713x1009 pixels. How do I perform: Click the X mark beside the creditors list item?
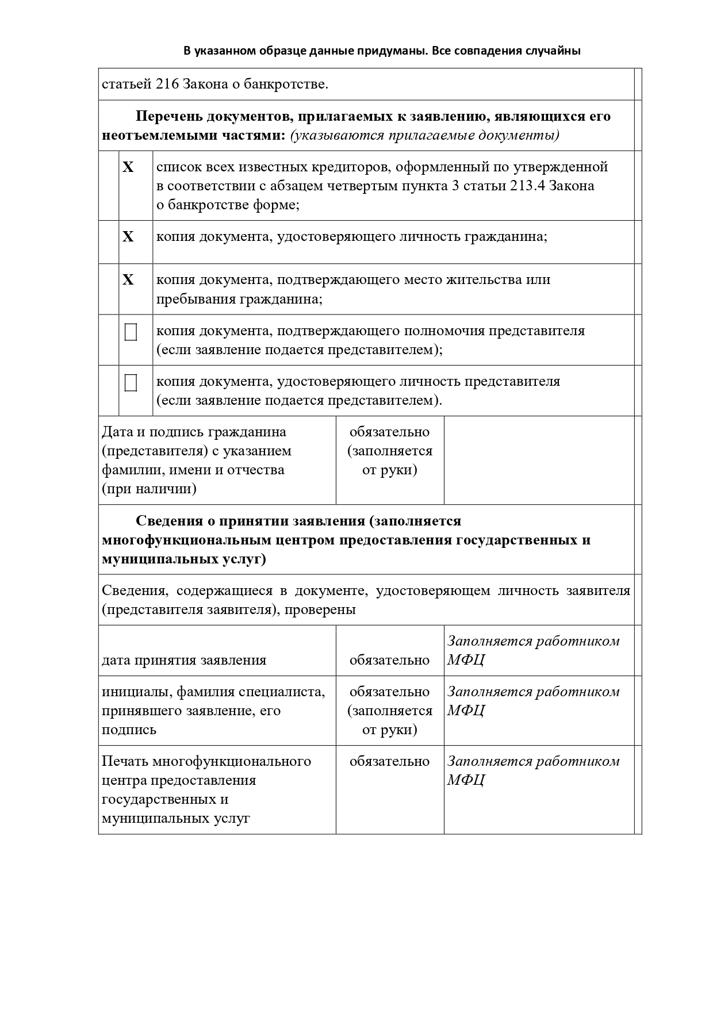(128, 167)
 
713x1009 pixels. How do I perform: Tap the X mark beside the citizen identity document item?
(128, 236)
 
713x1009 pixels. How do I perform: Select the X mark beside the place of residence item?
(128, 279)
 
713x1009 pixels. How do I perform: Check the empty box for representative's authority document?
(131, 332)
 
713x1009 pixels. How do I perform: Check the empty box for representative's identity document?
(131, 383)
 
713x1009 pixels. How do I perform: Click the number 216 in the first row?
(167, 84)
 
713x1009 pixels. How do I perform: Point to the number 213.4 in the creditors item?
(527, 186)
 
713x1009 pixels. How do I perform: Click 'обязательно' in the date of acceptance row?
(389, 659)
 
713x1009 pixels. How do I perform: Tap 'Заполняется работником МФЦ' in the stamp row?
(533, 770)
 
